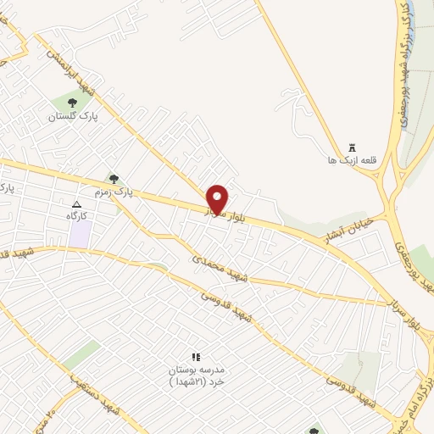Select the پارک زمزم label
(120, 192)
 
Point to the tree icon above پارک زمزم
(114, 178)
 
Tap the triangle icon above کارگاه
(77, 204)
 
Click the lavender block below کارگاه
(80, 236)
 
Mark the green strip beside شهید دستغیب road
(81, 355)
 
